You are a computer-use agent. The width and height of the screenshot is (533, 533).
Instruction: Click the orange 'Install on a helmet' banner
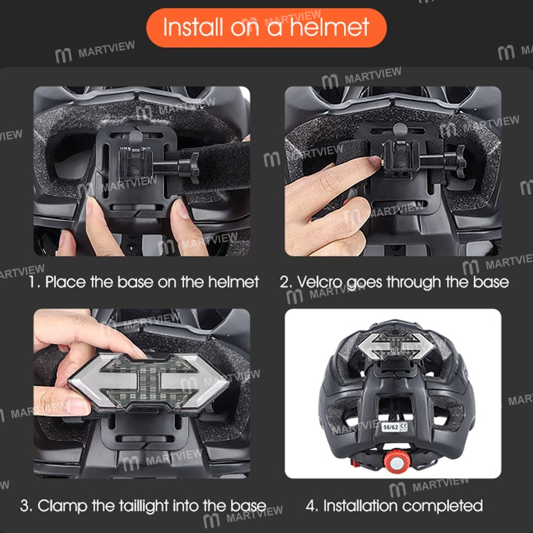266,28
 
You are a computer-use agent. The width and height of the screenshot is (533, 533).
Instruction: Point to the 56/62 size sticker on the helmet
394,427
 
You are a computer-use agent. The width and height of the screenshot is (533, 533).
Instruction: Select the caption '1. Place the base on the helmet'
144,282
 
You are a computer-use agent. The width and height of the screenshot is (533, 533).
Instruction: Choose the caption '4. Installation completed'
394,506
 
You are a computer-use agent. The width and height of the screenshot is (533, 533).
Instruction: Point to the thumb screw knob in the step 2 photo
461,161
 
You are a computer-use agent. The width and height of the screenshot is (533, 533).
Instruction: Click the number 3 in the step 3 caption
24,506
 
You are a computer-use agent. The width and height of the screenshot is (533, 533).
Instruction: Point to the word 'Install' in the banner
193,27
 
